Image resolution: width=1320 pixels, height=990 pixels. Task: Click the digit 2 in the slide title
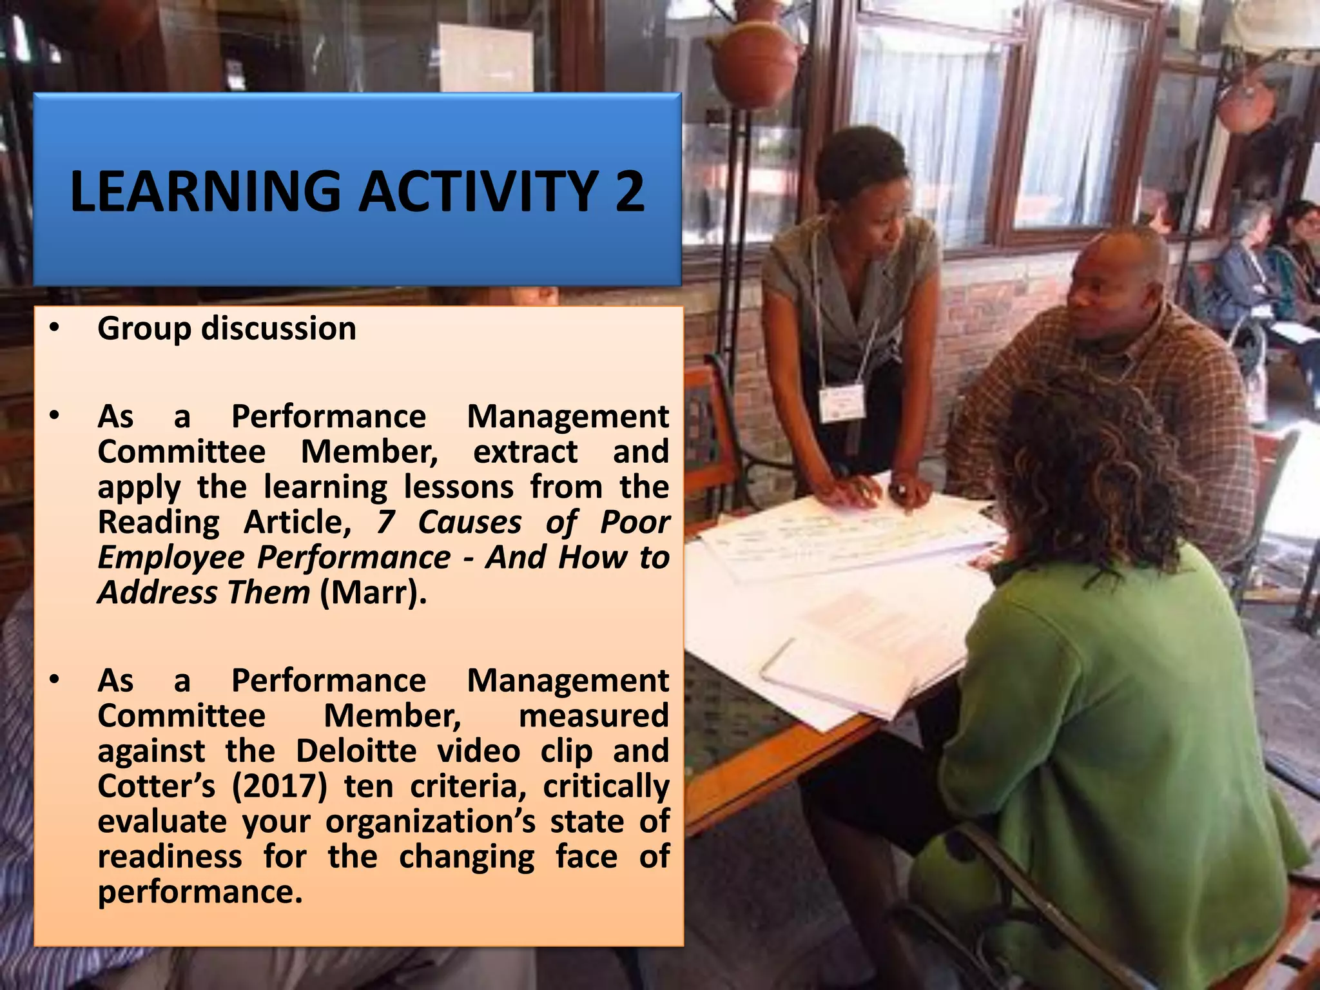(629, 191)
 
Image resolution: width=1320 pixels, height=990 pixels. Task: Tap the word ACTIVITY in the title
(478, 191)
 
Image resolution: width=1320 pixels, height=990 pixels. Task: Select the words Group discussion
(226, 329)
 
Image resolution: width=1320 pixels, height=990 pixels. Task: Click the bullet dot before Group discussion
(54, 329)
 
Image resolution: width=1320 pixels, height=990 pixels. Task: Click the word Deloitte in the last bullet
(356, 752)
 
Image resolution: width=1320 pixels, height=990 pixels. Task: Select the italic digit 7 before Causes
(385, 522)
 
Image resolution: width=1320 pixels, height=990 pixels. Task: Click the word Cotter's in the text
(156, 786)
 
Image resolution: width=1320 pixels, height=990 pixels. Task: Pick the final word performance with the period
(200, 893)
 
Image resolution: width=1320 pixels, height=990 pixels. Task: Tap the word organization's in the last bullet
(430, 822)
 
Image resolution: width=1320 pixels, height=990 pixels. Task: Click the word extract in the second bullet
(525, 452)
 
